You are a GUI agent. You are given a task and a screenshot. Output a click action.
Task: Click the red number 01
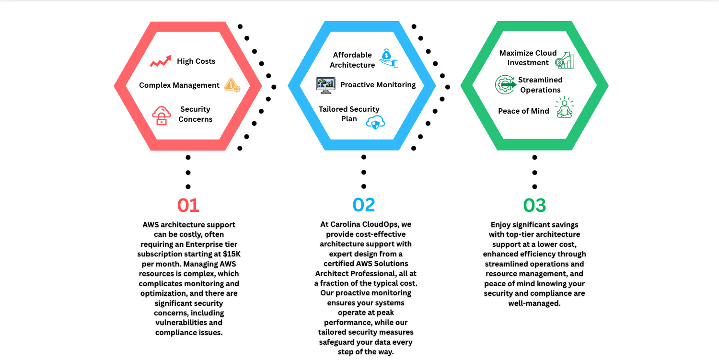click(188, 205)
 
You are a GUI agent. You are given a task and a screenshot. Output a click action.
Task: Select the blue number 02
click(364, 205)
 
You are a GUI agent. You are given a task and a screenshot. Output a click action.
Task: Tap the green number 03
click(534, 205)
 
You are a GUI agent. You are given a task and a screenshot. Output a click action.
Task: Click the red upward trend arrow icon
click(161, 61)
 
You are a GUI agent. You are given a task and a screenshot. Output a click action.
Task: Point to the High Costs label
click(196, 61)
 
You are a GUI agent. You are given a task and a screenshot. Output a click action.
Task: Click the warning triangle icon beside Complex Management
click(232, 85)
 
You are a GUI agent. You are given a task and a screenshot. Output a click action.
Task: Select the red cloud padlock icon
click(162, 116)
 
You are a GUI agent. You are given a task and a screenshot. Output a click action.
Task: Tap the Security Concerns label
click(195, 114)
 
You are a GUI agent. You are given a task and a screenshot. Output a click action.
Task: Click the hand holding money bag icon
click(388, 58)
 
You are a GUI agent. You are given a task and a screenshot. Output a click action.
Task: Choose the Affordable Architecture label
click(352, 60)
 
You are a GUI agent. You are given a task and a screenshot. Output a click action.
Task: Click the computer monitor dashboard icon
click(325, 85)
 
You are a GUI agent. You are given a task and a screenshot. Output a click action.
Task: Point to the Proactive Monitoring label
click(378, 85)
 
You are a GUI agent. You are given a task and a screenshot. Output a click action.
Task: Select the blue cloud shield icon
click(375, 122)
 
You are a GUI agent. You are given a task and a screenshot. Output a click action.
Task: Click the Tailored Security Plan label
click(349, 114)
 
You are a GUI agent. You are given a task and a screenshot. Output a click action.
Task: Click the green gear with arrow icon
click(504, 85)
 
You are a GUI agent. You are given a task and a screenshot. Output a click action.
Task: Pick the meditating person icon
click(564, 108)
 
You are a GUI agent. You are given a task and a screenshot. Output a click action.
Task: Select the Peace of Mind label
click(523, 111)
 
